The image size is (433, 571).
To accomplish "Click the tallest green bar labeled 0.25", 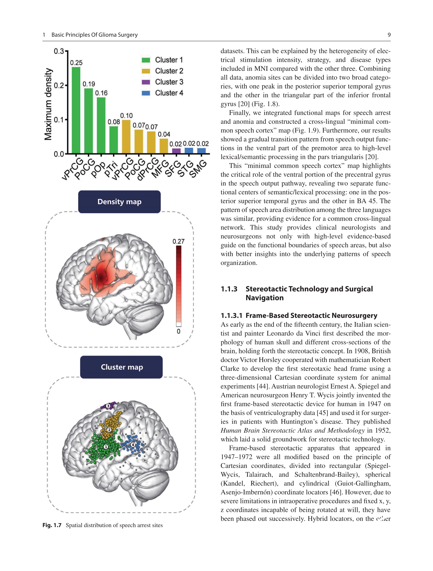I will (76, 110).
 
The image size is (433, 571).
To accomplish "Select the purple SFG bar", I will (176, 151).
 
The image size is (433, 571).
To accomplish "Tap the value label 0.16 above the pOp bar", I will (101, 93).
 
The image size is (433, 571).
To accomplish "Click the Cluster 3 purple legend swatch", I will (146, 82).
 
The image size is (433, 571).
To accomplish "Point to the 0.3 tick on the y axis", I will (59, 51).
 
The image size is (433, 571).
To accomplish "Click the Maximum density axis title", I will (48, 104).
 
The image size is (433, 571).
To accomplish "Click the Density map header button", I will (119, 202).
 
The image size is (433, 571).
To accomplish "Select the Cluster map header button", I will (121, 367).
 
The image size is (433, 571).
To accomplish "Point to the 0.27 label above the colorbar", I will (178, 241).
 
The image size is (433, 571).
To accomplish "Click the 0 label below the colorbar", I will (178, 331).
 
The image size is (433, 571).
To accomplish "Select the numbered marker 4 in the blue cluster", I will (133, 444).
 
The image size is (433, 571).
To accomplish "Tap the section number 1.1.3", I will (229, 289).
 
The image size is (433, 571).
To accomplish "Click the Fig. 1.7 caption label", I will (52, 525).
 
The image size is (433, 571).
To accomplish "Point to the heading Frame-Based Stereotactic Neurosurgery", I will (311, 315).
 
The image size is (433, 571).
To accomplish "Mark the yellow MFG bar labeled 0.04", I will (164, 146).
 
